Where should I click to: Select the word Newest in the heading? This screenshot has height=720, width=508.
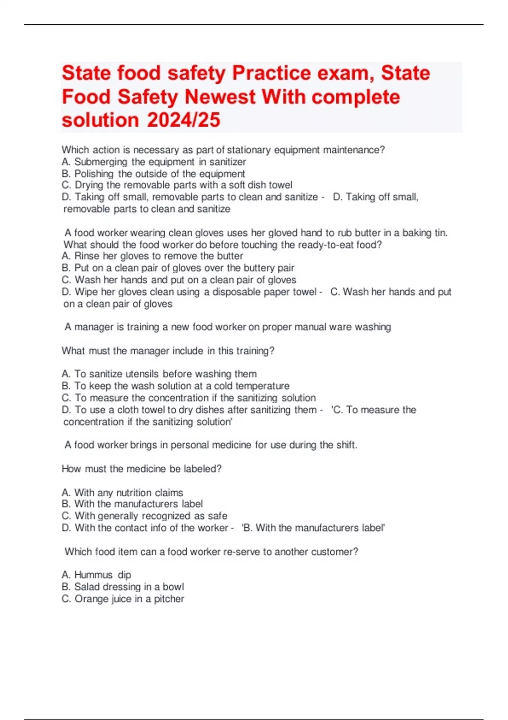coord(220,97)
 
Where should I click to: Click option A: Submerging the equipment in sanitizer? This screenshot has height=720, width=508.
coord(154,162)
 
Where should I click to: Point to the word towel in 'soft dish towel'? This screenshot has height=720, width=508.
coord(280,185)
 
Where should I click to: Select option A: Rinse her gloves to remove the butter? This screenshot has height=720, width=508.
coord(152,256)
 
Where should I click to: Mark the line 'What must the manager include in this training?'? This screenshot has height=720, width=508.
coord(168,351)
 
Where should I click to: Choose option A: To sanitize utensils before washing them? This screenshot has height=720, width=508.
coord(159,374)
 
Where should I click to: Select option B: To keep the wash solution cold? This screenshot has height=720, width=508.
coord(176,386)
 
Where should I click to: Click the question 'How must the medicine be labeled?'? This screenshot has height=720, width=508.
coord(141,469)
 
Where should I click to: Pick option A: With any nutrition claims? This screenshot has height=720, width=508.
coord(122,493)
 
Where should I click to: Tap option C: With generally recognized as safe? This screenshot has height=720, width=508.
coord(144,516)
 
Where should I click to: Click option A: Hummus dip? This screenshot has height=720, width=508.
coord(97,575)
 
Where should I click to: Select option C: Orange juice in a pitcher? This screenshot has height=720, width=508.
coord(123,599)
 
